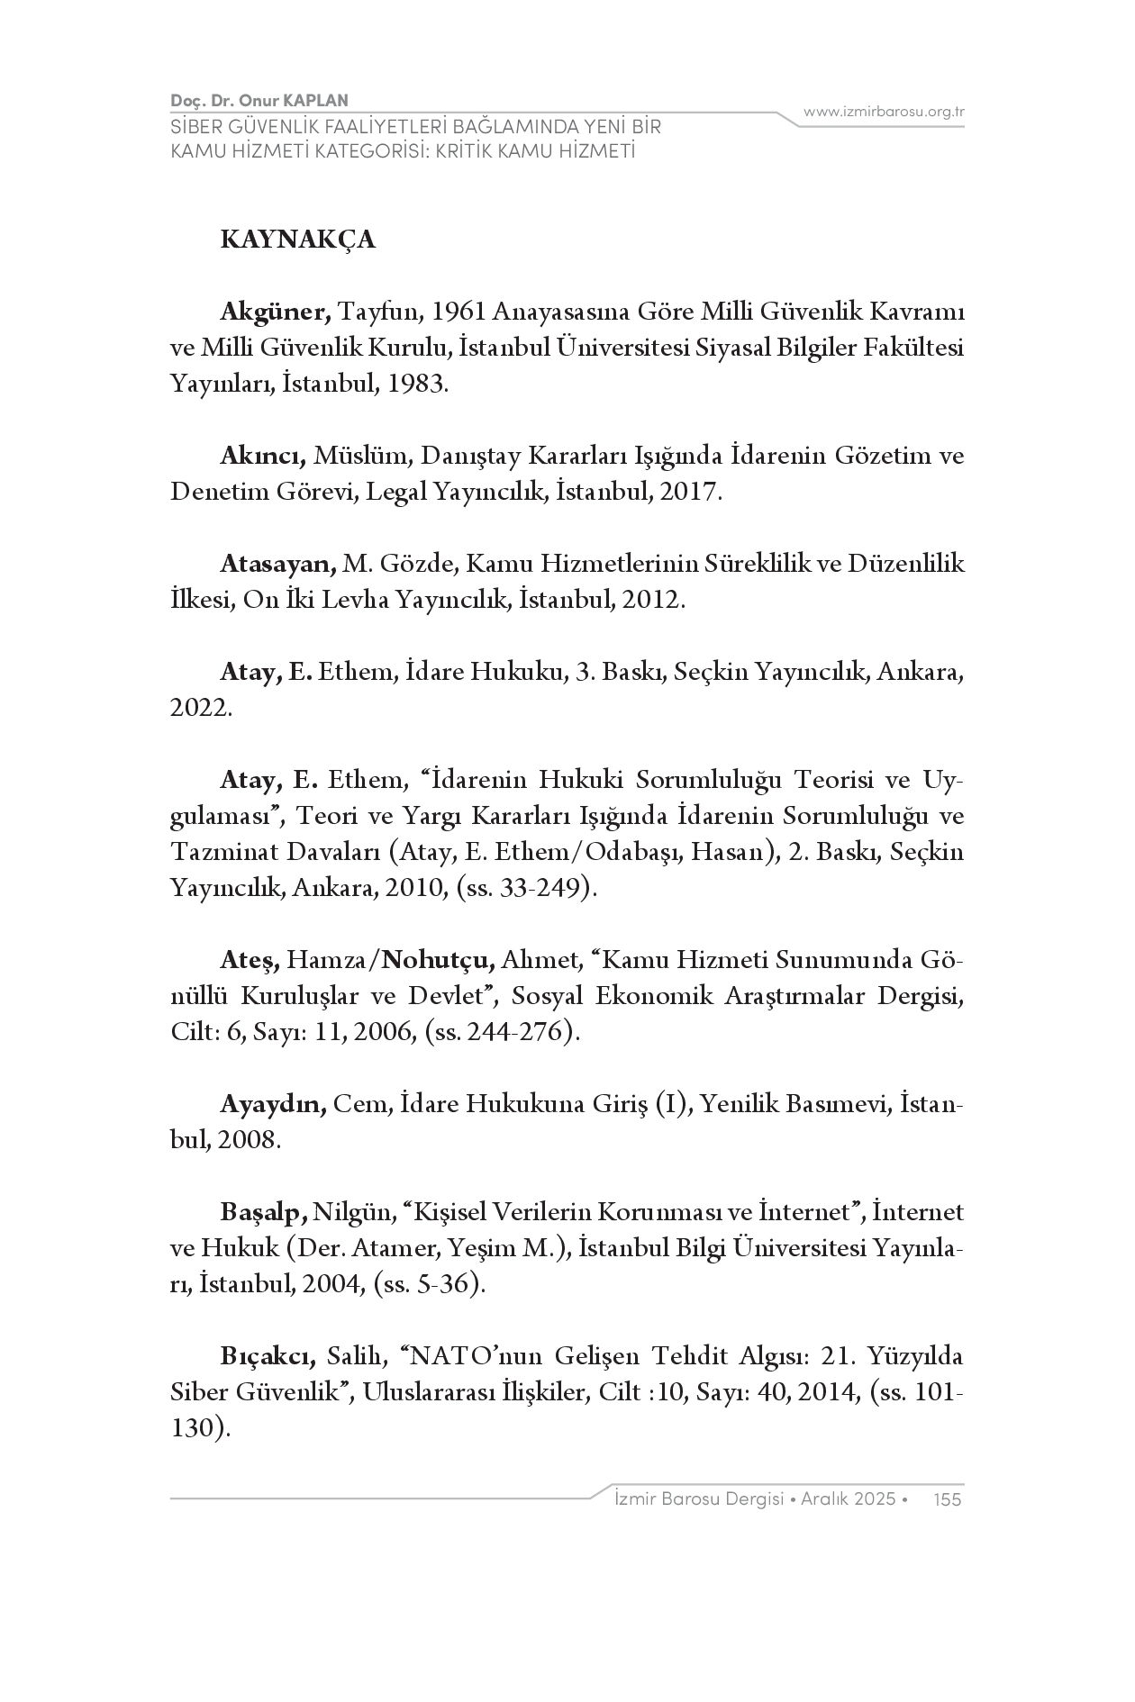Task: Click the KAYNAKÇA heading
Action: click(297, 240)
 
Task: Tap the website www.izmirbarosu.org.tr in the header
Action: click(884, 112)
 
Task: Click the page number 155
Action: click(949, 1498)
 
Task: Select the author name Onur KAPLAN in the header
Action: click(300, 101)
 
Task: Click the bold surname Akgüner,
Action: click(277, 312)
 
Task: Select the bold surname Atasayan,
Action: click(278, 564)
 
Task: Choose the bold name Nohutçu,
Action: click(438, 960)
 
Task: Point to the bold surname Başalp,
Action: click(265, 1212)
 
